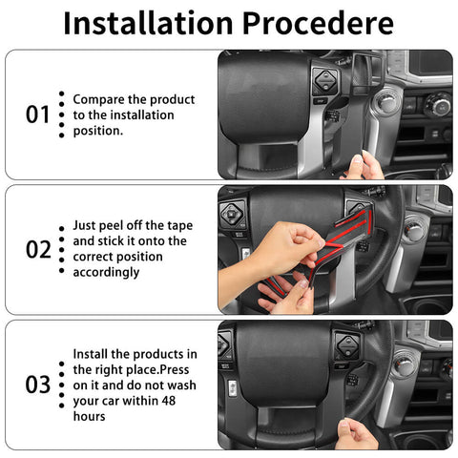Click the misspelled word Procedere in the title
pyautogui.click(x=316, y=23)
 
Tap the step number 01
pyautogui.click(x=37, y=114)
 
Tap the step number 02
pyautogui.click(x=37, y=250)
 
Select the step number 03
pyautogui.click(x=37, y=385)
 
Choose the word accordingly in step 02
pyautogui.click(x=106, y=272)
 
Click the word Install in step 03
pyautogui.click(x=94, y=355)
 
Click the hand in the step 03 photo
pyautogui.click(x=358, y=434)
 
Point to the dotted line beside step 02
pyautogui.click(x=61, y=250)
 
